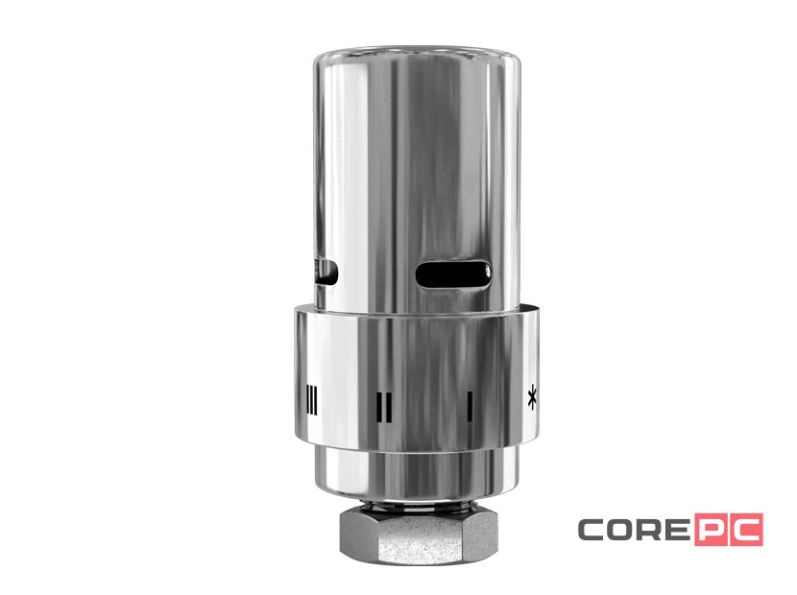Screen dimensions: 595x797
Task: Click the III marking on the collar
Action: click(310, 397)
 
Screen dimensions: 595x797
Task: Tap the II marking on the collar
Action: click(384, 405)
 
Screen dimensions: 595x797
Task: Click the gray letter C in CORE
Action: click(593, 529)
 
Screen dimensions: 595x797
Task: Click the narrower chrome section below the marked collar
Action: click(414, 470)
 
